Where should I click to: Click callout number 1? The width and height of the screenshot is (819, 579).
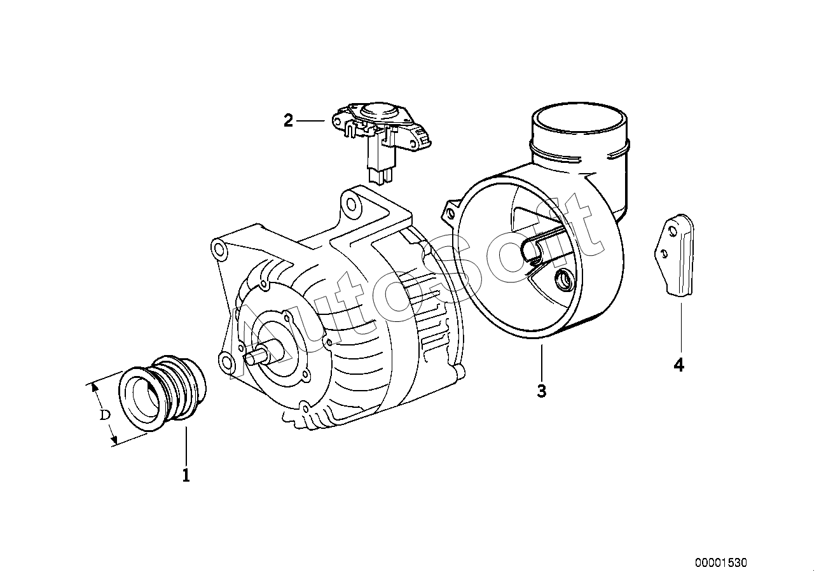tap(186, 475)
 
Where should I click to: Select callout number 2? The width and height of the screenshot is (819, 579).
tap(289, 121)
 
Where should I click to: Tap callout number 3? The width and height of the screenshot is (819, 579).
tap(542, 391)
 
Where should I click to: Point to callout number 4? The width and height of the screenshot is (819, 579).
tap(678, 365)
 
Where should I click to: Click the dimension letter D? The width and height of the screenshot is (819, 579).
tap(106, 415)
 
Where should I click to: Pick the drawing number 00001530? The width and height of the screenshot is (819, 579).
tap(720, 562)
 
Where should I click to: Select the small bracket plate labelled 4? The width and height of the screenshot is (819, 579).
tap(674, 255)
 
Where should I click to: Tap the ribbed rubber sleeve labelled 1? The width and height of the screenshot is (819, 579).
tap(162, 393)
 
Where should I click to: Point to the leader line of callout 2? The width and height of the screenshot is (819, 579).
tap(310, 120)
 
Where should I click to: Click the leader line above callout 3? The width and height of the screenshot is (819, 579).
tap(542, 362)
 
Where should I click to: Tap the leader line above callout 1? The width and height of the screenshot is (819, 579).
tap(186, 446)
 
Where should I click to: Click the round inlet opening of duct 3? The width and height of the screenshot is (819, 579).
tap(579, 118)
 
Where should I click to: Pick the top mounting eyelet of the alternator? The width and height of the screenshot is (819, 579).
tap(350, 203)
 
